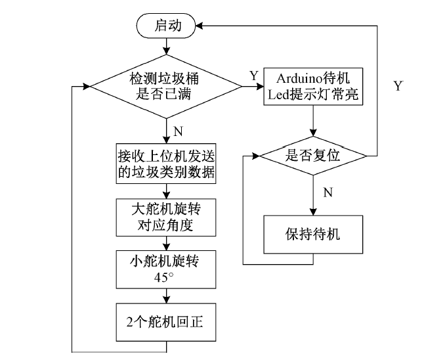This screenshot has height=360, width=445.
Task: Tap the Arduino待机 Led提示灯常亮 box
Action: (313, 86)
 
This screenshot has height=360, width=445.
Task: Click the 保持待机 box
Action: (312, 233)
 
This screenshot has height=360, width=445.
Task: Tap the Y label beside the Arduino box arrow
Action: (253, 76)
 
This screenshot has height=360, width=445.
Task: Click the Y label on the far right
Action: (397, 86)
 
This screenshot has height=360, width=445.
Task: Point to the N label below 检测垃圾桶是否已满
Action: (178, 131)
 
